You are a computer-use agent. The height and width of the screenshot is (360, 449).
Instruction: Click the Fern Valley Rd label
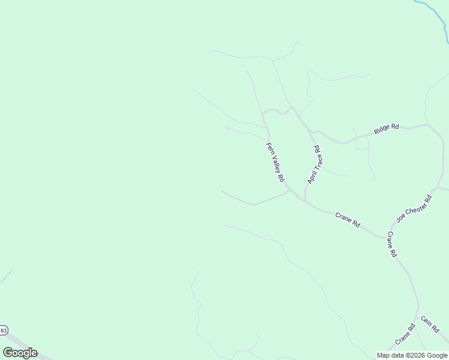[275, 163]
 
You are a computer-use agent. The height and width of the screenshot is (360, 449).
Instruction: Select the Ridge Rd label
[386, 128]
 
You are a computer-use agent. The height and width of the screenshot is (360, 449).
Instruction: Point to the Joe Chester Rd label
[414, 208]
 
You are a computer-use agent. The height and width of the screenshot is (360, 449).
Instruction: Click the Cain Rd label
[430, 325]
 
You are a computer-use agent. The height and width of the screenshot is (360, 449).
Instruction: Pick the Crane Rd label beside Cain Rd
[405, 335]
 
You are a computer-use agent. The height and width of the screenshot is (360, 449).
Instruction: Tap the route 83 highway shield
[3, 331]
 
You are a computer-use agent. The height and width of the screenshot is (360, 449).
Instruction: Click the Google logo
[20, 353]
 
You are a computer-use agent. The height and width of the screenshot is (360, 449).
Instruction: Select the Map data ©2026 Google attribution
[412, 355]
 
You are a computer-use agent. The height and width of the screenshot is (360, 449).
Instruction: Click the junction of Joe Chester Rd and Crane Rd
[386, 236]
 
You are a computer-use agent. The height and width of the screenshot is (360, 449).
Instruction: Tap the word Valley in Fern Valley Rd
[275, 163]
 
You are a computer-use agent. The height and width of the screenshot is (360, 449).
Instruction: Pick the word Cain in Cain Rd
[427, 322]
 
